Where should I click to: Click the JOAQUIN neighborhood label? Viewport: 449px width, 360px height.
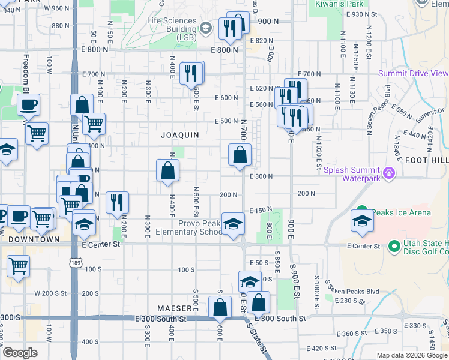(x=179, y=135)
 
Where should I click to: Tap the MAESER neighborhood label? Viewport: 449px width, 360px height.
(x=174, y=308)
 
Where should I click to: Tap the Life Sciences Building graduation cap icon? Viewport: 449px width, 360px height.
(x=205, y=28)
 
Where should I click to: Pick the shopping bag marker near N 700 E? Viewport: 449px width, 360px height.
(x=240, y=155)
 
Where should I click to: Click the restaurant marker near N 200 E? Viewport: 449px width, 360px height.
(x=117, y=203)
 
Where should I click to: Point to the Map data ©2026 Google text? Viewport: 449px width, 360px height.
(x=412, y=355)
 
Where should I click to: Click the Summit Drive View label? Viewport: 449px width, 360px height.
(x=413, y=73)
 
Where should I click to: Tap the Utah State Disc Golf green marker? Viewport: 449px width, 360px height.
(x=394, y=246)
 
